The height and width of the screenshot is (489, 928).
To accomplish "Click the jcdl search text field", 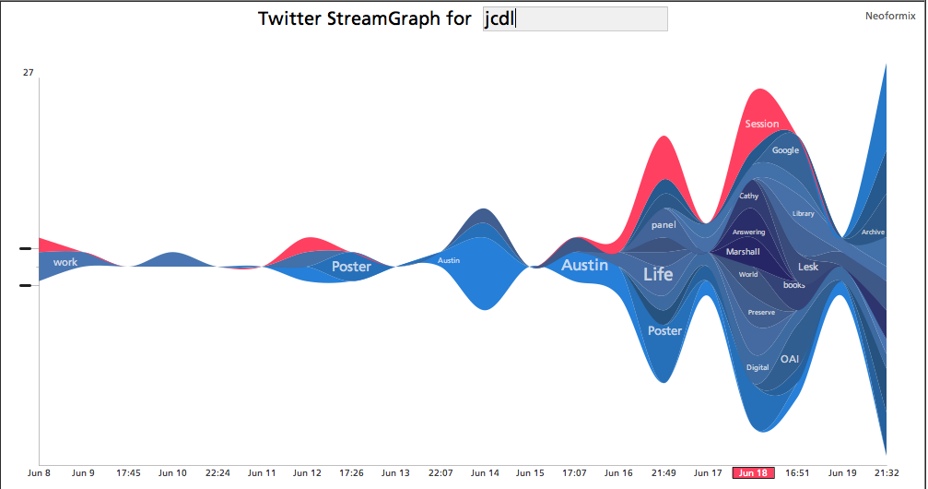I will tap(575, 19).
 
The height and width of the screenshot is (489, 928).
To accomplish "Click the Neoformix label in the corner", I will tap(890, 16).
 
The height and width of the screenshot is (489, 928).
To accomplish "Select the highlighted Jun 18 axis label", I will tap(753, 473).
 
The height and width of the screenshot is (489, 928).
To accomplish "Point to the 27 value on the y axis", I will tap(29, 71).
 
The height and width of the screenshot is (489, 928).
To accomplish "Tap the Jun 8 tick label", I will tap(40, 473).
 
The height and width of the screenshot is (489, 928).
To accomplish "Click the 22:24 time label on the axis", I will tap(217, 473).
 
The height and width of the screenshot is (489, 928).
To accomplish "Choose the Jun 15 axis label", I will tap(530, 473).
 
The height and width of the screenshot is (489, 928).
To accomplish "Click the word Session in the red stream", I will tap(762, 124).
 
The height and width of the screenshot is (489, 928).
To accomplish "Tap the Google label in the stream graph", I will tap(785, 150).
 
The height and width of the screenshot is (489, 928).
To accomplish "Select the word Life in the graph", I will tap(658, 274).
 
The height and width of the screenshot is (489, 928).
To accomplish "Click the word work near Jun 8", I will tap(65, 262).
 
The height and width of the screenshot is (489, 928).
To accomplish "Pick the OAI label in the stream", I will tap(790, 359).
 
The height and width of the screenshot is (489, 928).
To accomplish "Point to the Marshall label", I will tap(743, 252).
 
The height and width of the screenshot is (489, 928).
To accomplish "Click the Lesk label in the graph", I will tap(808, 267).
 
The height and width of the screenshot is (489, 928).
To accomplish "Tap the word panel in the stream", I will tap(664, 225).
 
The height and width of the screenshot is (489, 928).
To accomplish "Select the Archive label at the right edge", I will tap(873, 233).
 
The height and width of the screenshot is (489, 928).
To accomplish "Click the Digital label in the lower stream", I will tap(758, 367).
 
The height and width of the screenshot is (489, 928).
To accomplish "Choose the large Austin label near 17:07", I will tap(585, 265).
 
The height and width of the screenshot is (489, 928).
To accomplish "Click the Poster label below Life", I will tap(664, 330).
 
